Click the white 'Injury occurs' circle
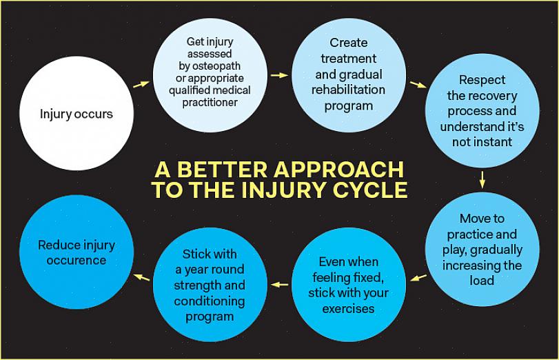click(76, 114)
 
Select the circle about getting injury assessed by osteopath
click(210, 74)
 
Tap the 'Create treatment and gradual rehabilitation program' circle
click(348, 75)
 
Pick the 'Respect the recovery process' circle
click(482, 112)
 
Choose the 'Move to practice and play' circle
click(482, 249)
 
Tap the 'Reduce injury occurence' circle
click(76, 252)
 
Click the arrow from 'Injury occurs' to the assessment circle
click(141, 83)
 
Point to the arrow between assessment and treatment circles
click(279, 74)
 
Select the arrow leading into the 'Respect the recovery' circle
click(418, 85)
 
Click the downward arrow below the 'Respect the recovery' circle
click(482, 179)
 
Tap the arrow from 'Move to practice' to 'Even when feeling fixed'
click(418, 278)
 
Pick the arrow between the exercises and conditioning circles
click(279, 284)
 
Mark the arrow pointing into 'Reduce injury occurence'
click(141, 277)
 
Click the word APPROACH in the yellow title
click(337, 170)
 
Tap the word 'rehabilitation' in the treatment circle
click(348, 90)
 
